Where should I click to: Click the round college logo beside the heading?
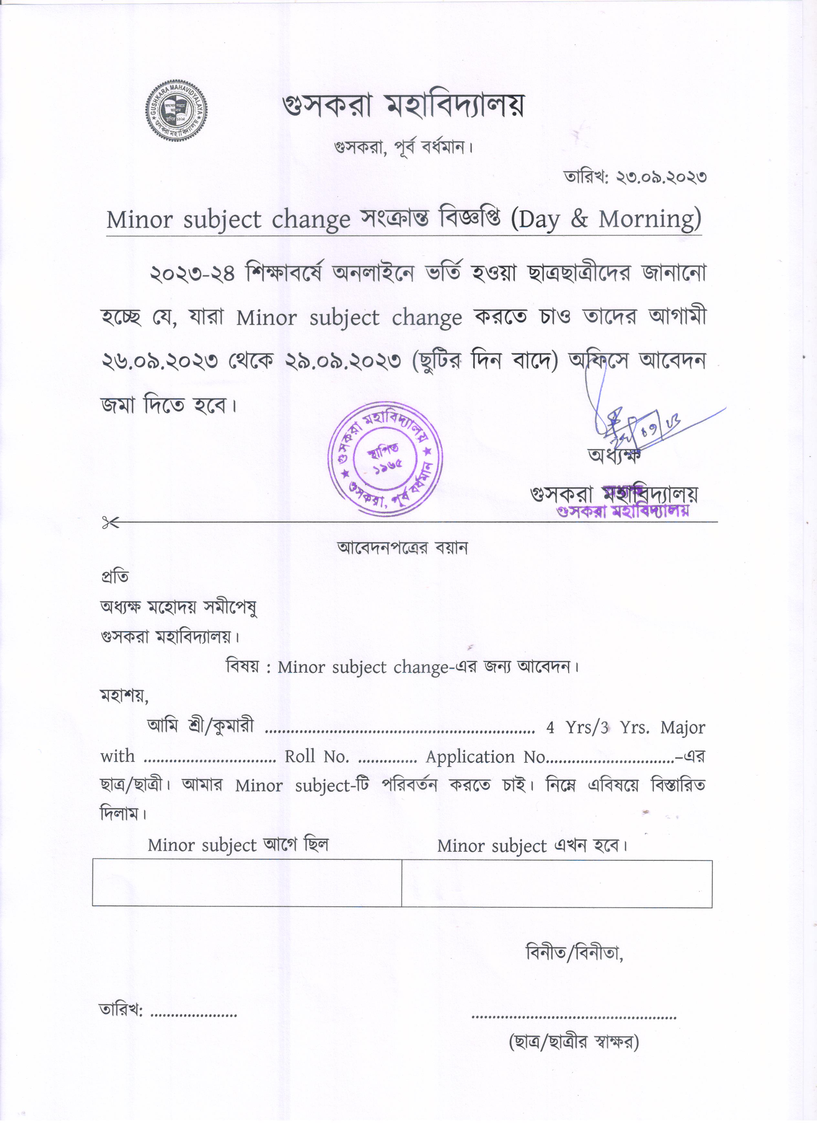click(x=176, y=111)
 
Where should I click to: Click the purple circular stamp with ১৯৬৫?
click(x=385, y=459)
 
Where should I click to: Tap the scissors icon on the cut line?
click(x=110, y=523)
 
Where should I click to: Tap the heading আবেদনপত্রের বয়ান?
click(x=403, y=548)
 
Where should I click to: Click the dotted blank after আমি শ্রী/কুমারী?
click(x=400, y=730)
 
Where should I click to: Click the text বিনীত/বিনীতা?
click(x=575, y=953)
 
